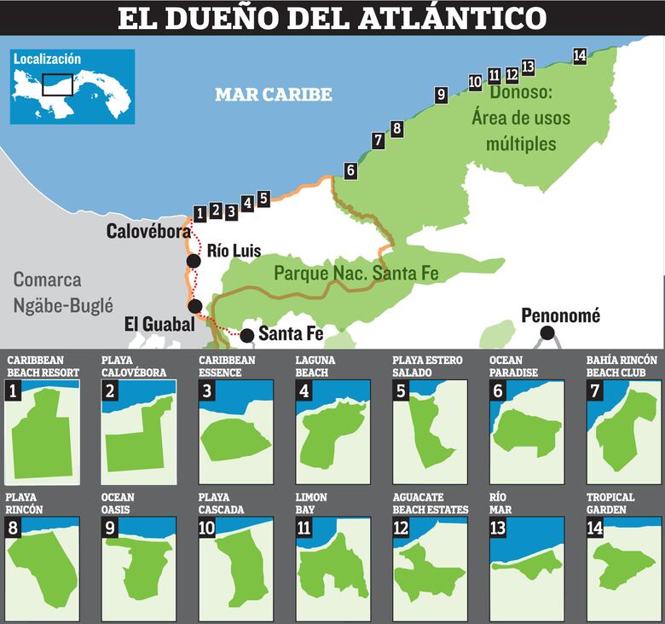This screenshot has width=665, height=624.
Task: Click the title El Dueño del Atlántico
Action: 332,18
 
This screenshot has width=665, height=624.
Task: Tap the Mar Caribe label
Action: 273,95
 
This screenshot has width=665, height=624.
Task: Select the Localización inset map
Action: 72,86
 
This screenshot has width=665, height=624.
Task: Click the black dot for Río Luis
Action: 194,261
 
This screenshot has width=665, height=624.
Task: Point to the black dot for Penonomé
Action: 546,333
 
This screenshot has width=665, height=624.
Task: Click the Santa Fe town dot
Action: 246,334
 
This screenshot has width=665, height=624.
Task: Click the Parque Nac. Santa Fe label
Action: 356,274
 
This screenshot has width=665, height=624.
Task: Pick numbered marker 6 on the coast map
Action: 350,170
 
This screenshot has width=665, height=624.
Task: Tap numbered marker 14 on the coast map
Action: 580,56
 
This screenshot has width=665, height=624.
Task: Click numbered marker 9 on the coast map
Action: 441,95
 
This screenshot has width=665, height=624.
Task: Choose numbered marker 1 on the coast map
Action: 199,213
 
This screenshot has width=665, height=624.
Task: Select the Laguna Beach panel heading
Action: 315,367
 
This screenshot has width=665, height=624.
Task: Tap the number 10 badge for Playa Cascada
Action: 206,528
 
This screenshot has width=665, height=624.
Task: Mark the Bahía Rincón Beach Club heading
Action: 622,367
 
